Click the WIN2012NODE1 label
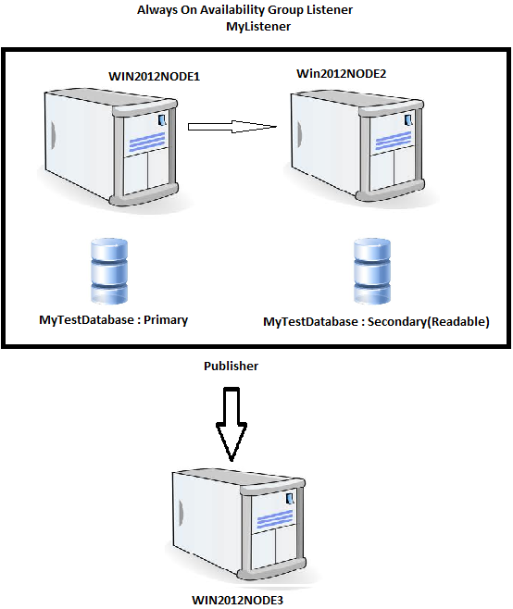[155, 77]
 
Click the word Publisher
[231, 366]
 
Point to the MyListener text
[258, 27]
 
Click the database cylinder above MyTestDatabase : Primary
[109, 272]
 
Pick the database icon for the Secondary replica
[372, 272]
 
